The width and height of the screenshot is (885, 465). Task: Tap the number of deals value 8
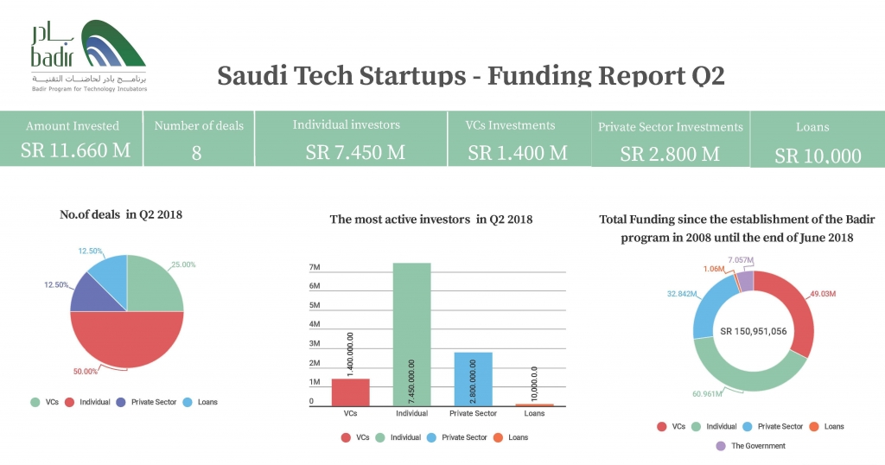point(197,154)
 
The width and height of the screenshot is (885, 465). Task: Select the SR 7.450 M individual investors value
point(355,152)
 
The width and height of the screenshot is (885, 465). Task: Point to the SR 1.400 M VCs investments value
point(518,153)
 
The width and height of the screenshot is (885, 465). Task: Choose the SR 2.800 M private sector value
point(670,154)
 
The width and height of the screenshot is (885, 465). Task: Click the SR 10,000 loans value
point(818,156)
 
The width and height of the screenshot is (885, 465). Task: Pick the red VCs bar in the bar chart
point(350,392)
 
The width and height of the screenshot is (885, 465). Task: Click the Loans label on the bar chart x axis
point(534,413)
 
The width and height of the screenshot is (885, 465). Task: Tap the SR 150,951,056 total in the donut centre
point(753,331)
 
